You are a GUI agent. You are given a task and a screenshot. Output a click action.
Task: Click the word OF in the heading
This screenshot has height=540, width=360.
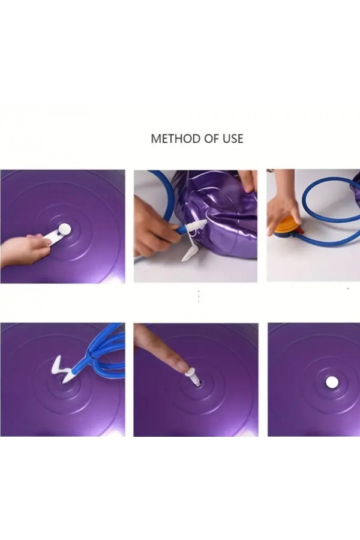click(206, 139)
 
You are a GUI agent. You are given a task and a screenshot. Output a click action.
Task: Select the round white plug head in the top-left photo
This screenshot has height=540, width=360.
click(63, 229)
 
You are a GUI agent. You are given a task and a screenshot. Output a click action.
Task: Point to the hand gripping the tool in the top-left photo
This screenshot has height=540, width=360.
click(24, 249)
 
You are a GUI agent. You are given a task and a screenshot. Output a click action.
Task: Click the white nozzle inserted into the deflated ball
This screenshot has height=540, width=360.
click(196, 227)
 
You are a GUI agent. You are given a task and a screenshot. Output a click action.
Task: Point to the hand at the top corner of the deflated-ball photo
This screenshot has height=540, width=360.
click(247, 179)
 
